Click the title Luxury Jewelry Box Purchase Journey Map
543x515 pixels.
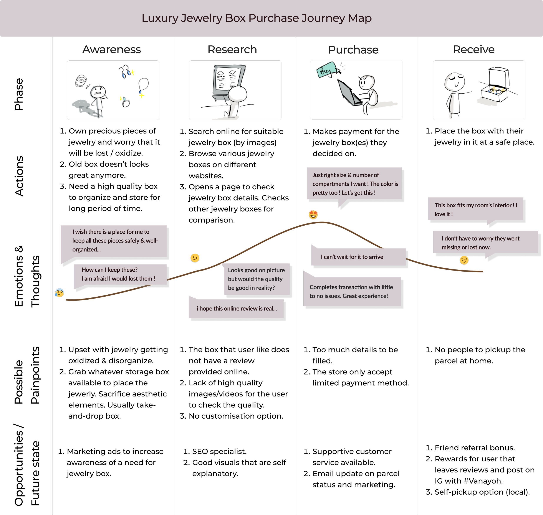pos(257,18)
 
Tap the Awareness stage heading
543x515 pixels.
pos(111,50)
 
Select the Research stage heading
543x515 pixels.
pos(232,50)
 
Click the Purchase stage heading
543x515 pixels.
pos(353,50)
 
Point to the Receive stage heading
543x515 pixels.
pos(473,50)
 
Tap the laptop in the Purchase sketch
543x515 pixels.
pos(348,93)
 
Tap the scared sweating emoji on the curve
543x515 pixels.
pos(59,293)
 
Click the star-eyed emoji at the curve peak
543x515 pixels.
pos(313,214)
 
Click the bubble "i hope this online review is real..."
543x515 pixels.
pos(237,309)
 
